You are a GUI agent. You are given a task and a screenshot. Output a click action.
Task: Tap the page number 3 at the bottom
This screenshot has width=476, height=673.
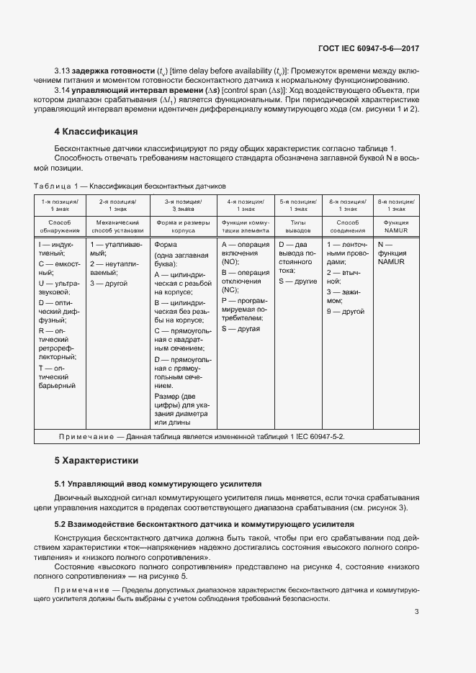tap(416, 612)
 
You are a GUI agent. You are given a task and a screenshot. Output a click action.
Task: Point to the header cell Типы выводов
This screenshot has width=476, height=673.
tap(297, 227)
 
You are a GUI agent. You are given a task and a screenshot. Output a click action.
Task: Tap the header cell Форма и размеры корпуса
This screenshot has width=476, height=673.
tap(184, 227)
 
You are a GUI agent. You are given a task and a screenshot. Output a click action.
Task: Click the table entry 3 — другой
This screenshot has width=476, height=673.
tap(109, 284)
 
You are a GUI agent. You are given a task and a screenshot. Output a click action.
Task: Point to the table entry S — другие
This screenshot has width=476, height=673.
tap(297, 281)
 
